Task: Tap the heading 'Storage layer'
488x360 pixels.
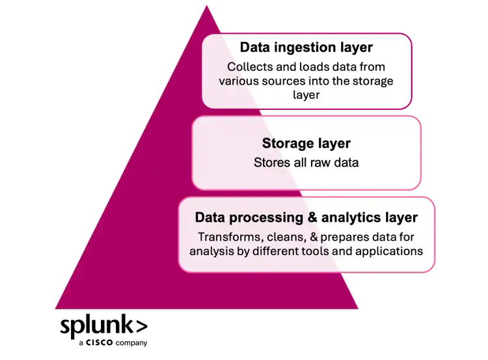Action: pyautogui.click(x=306, y=143)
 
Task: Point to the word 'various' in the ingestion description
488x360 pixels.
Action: pyautogui.click(x=237, y=81)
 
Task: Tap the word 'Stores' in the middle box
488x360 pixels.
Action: pyautogui.click(x=270, y=162)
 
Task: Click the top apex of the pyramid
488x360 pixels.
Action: pyautogui.click(x=206, y=7)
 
